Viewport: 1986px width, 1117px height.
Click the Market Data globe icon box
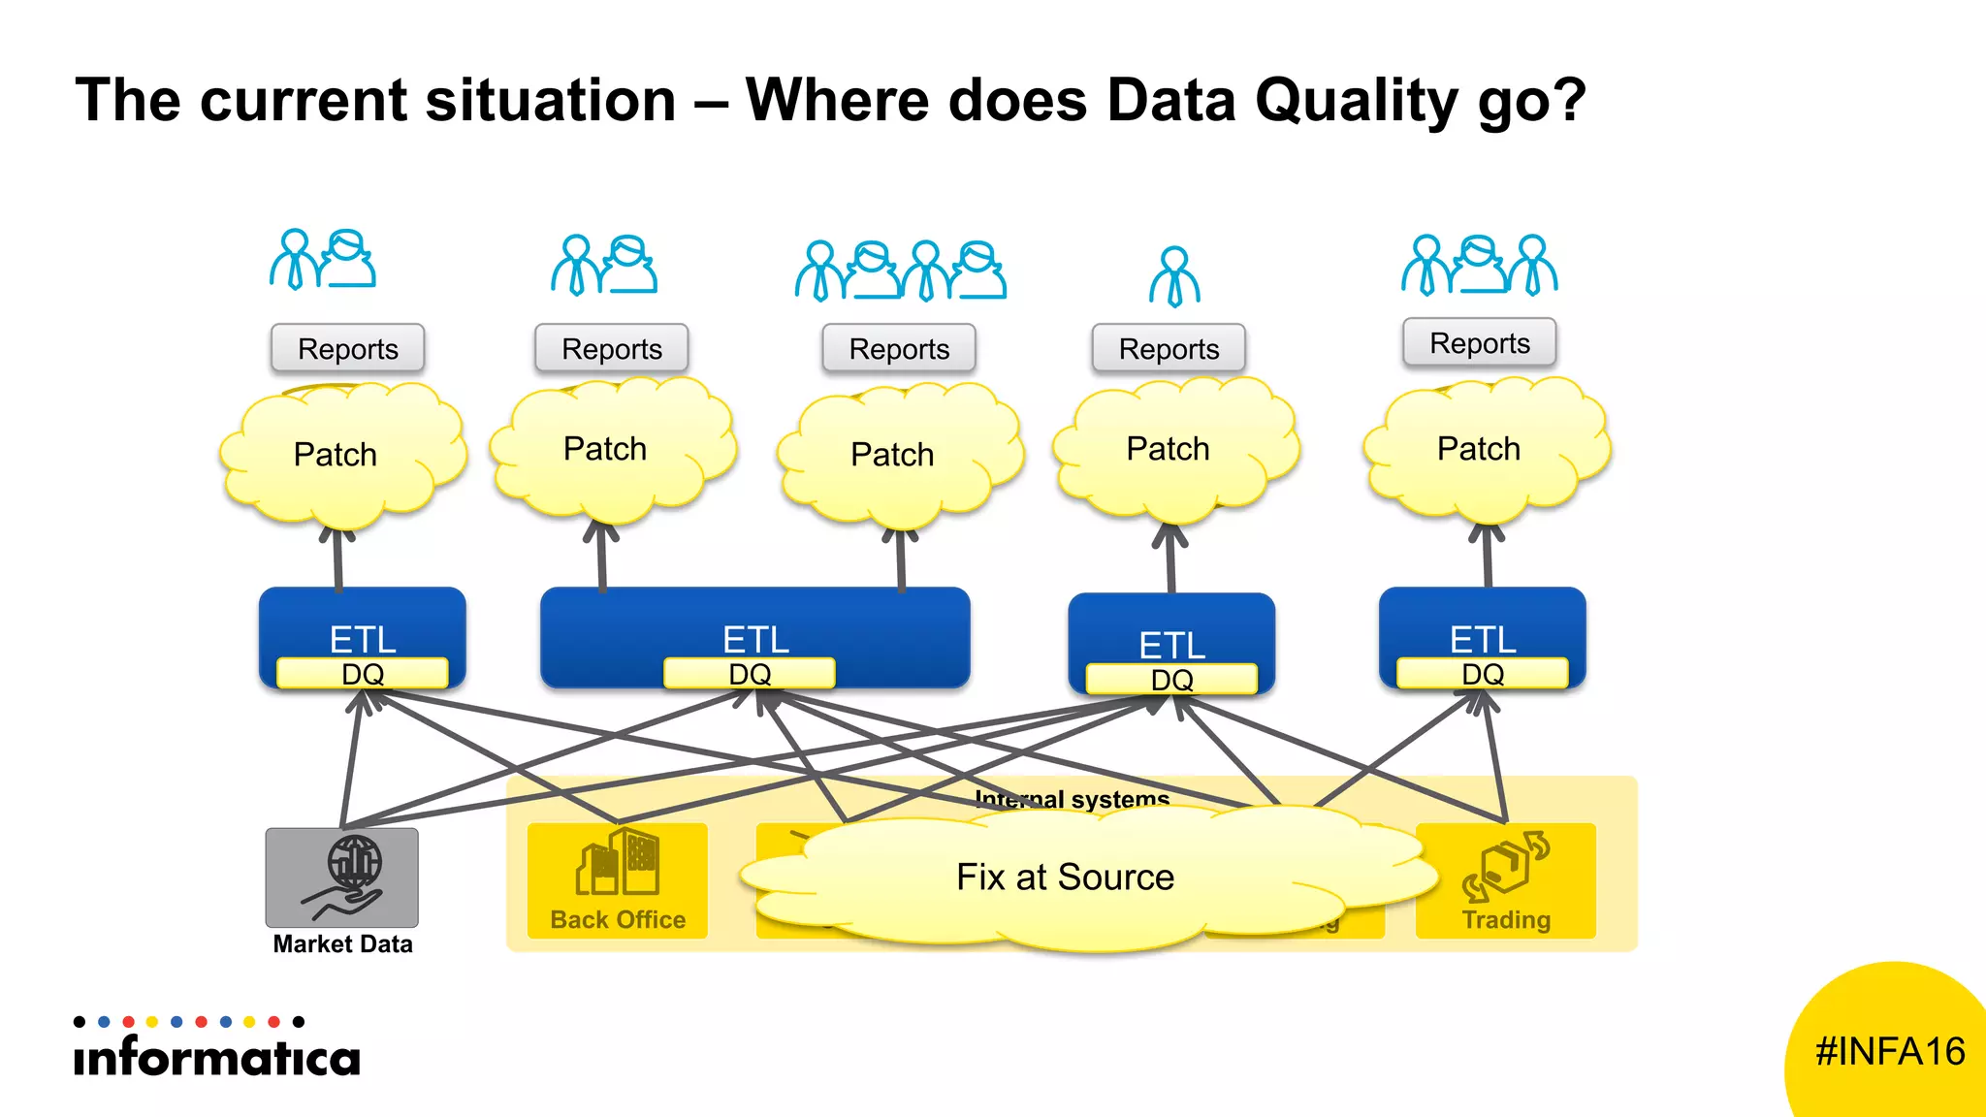pos(342,877)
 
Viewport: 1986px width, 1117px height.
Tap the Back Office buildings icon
pos(618,863)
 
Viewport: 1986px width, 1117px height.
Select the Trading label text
pos(1506,919)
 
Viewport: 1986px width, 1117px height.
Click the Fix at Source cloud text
pos(1065,878)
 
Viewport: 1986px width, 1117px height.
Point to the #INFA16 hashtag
pos(1889,1052)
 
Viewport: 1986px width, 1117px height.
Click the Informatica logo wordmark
pos(216,1056)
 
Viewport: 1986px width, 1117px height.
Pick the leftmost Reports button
pos(348,349)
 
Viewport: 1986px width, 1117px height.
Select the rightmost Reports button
pos(1480,343)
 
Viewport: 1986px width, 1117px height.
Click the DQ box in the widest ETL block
pos(750,674)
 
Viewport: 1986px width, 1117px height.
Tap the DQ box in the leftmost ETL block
pos(363,674)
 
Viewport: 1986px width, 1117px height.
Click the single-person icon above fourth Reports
pos(1174,276)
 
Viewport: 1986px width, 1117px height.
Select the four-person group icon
pos(901,271)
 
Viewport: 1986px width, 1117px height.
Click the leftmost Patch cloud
pos(336,454)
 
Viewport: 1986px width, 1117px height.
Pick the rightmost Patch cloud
pos(1480,449)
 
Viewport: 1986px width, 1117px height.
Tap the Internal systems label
pos(1072,799)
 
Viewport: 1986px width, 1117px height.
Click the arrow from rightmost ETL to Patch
pos(1488,558)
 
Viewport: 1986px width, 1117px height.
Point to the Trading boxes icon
pos(1506,864)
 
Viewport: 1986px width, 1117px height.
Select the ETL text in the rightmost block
pos(1483,639)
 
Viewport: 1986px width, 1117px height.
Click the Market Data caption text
pos(342,944)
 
